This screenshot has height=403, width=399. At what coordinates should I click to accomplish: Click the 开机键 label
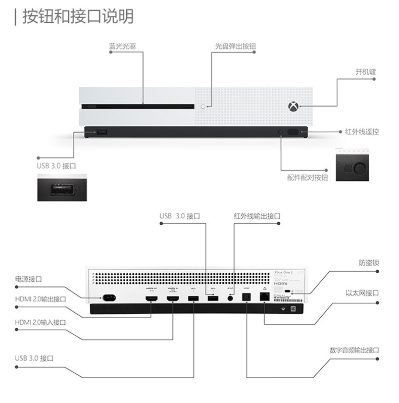365,72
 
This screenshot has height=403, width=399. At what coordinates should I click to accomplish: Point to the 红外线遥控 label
362,132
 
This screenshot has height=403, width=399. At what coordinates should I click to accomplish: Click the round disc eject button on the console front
204,107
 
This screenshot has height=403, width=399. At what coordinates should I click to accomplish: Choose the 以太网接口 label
362,293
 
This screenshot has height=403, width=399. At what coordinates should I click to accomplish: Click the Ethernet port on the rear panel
264,296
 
